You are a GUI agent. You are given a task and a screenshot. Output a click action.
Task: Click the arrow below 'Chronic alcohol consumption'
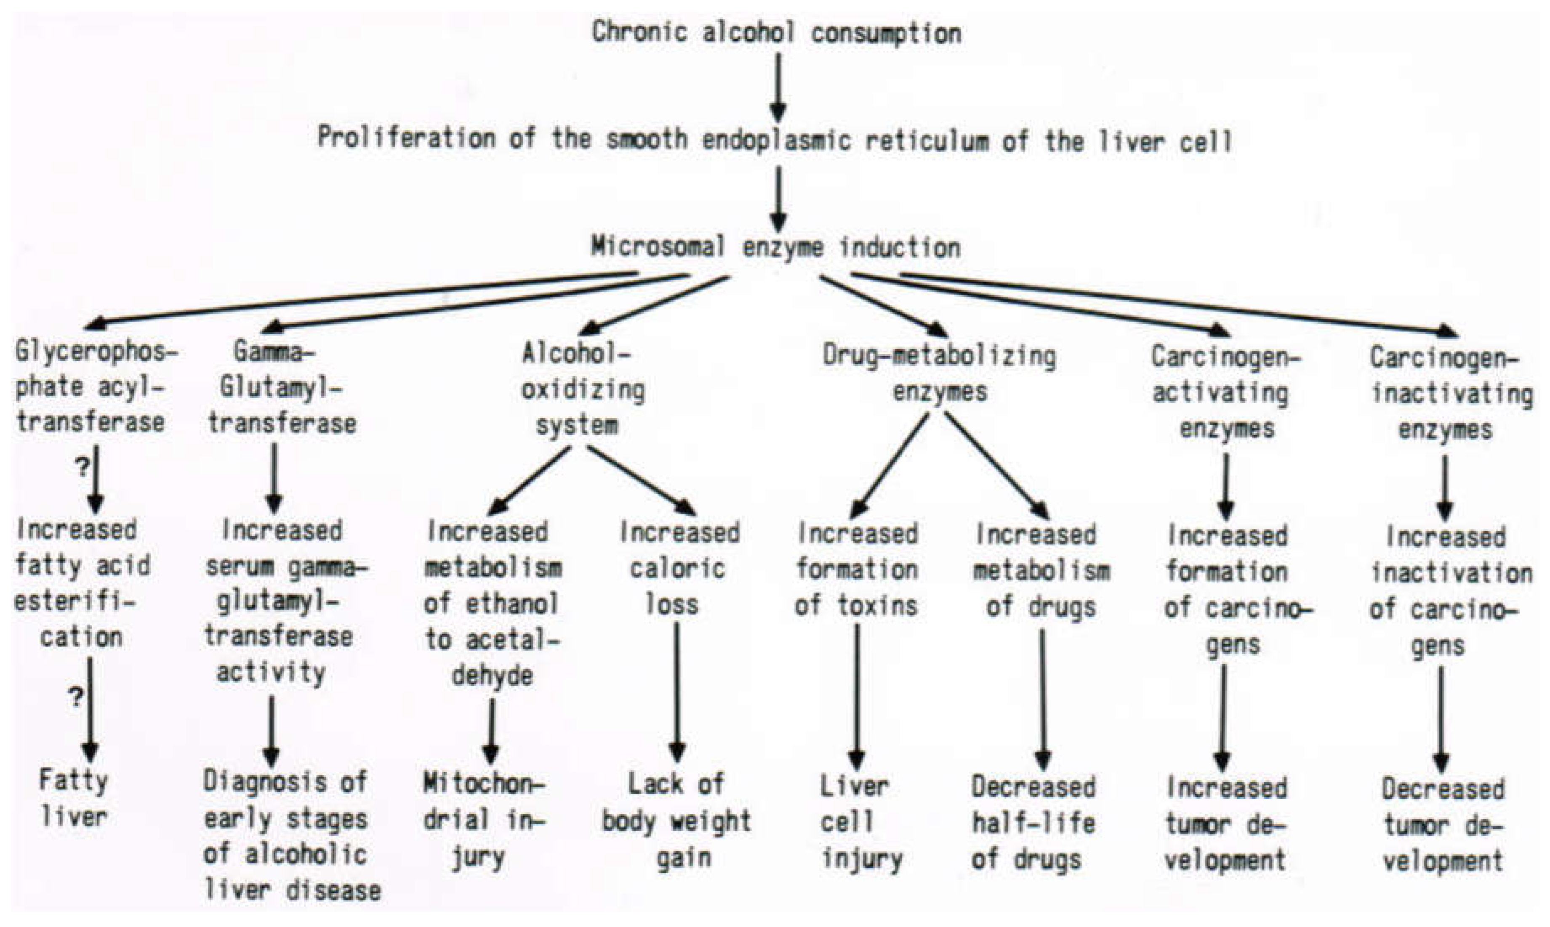click(x=778, y=87)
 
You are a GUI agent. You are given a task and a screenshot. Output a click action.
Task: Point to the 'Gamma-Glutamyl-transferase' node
click(x=281, y=389)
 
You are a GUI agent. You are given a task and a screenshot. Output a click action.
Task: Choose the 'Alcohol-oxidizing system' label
click(x=581, y=390)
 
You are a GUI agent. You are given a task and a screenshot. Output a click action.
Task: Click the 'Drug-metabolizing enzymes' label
click(x=939, y=373)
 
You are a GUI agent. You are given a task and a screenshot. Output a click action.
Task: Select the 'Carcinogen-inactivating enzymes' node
click(x=1450, y=394)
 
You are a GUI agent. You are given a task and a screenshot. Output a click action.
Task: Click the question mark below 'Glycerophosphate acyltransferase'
click(x=82, y=467)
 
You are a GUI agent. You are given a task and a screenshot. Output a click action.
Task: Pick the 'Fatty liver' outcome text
click(x=74, y=798)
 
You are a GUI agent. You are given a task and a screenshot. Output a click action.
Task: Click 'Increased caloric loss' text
click(x=678, y=569)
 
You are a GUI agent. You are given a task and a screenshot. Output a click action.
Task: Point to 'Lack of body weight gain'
click(x=676, y=820)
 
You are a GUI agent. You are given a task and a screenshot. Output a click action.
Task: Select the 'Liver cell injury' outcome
click(x=859, y=822)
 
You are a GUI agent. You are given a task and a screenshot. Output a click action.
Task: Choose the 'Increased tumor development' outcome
click(x=1225, y=823)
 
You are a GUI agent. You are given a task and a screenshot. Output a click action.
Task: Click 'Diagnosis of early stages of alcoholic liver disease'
click(x=290, y=835)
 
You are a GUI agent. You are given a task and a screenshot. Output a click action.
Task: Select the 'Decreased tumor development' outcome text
click(x=1443, y=824)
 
